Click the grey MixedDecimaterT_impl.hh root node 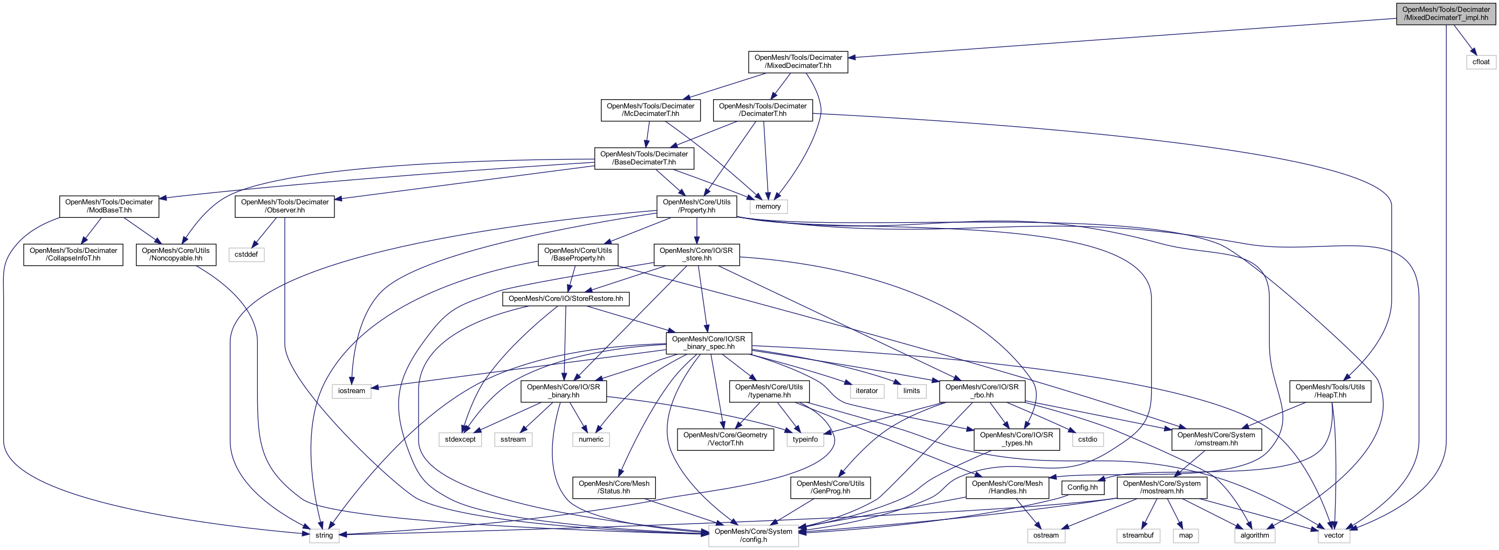(x=1446, y=13)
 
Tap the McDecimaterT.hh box (x=650, y=110)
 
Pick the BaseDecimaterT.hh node (x=644, y=159)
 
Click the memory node (x=768, y=207)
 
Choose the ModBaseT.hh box (x=109, y=206)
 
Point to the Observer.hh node (x=285, y=206)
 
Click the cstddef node (x=246, y=255)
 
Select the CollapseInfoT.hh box (x=73, y=255)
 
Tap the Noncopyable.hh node (x=176, y=255)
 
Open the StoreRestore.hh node (x=565, y=299)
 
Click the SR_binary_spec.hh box (x=708, y=343)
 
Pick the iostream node (x=352, y=391)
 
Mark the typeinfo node (x=805, y=439)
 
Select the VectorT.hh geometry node (x=725, y=439)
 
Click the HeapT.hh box (x=1330, y=391)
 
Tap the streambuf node (x=1138, y=535)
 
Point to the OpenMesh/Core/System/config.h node (x=753, y=535)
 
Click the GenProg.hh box (x=830, y=487)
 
